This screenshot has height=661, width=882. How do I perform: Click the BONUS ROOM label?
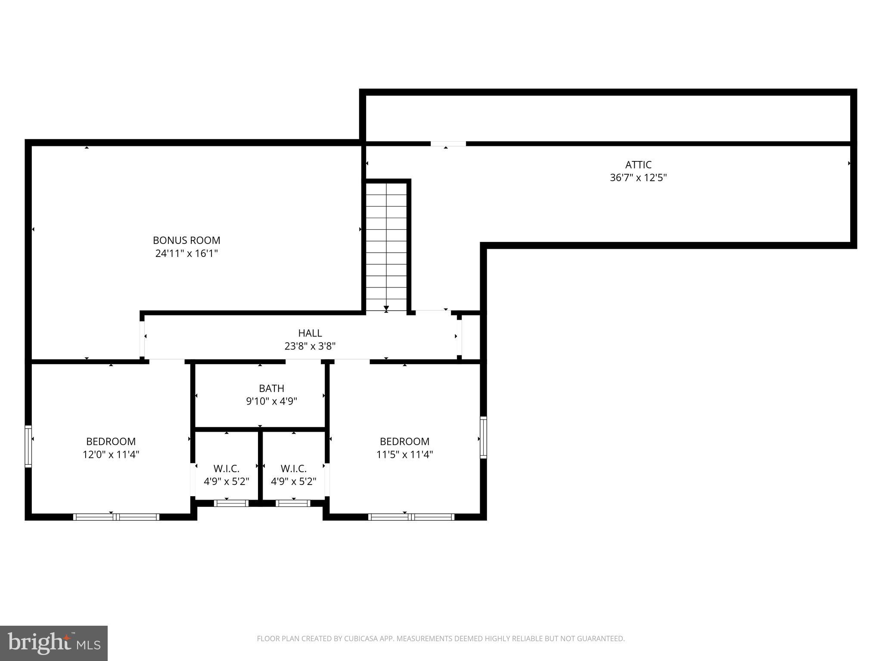click(x=186, y=240)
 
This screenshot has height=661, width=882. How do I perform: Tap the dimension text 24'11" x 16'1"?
click(x=186, y=253)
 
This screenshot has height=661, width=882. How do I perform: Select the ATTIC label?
click(x=638, y=165)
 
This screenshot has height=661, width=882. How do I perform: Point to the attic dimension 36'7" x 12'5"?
click(x=638, y=178)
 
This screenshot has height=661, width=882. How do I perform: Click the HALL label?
click(x=310, y=333)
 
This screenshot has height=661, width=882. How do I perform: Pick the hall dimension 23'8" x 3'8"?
click(x=310, y=346)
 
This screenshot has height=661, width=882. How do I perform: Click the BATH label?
click(x=271, y=389)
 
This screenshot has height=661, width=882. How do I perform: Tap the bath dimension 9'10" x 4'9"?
click(x=271, y=402)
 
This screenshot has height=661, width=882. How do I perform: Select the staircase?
click(x=386, y=245)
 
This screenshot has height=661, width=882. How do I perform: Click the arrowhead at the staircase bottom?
click(x=386, y=308)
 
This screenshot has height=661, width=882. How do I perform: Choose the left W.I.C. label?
click(x=227, y=469)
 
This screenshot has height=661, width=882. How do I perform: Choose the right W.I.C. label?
click(x=294, y=469)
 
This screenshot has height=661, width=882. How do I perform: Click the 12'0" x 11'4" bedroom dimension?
click(x=111, y=454)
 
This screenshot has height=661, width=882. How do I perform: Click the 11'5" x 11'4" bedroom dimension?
click(x=404, y=454)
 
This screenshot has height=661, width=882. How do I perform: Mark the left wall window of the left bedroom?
click(x=28, y=446)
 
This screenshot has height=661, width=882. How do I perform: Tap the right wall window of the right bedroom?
click(x=483, y=437)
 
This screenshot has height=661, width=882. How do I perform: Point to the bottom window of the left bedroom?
click(x=116, y=517)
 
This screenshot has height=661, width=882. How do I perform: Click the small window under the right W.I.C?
click(x=293, y=503)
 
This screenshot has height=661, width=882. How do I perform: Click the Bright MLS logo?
click(x=54, y=643)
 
